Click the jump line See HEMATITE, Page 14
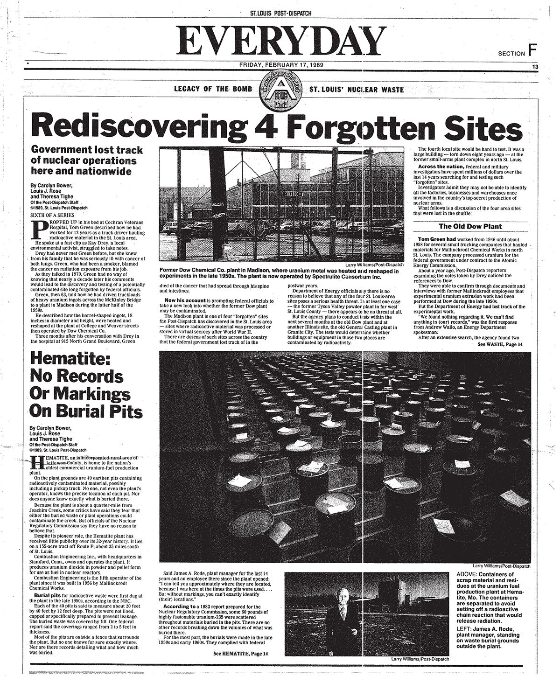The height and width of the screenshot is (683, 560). (241, 654)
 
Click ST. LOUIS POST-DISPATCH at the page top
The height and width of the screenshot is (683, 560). (280, 13)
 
